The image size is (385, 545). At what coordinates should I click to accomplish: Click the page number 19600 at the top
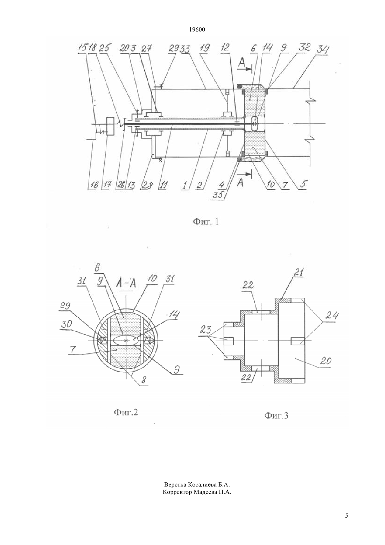(x=197, y=30)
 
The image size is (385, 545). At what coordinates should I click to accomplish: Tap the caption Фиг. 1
(x=206, y=221)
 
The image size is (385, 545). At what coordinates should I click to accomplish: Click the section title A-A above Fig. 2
(x=126, y=283)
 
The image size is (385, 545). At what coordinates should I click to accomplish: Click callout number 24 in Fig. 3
(x=332, y=316)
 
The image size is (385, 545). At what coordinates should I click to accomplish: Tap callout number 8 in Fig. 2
(x=144, y=380)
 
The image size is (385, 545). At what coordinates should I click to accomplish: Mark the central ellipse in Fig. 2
(x=126, y=340)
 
